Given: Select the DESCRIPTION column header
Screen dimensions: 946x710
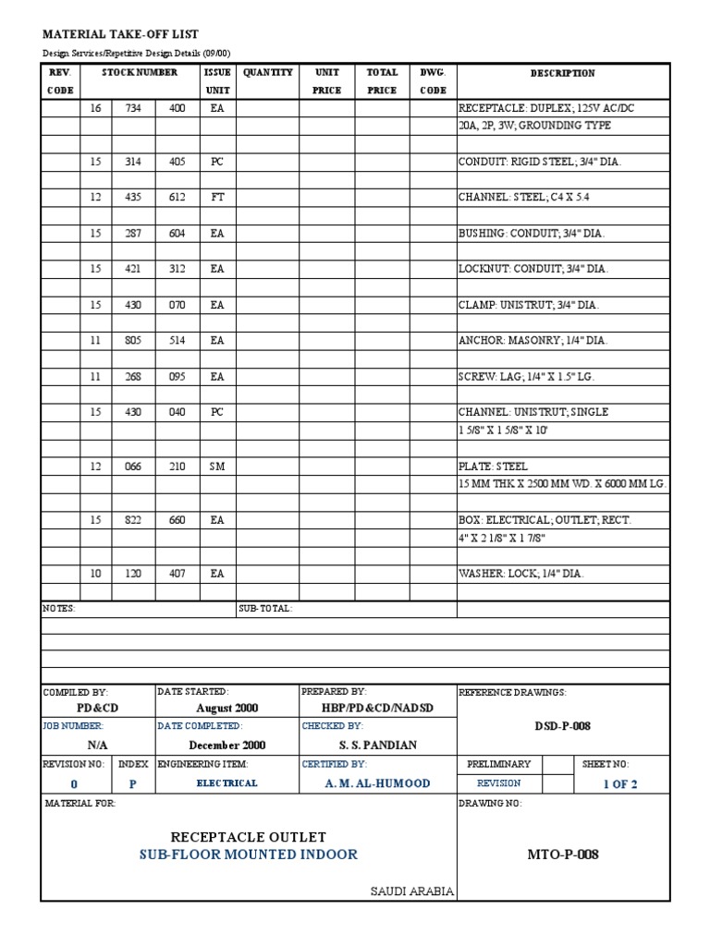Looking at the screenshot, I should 562,73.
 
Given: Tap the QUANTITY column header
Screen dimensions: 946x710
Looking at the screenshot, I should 267,72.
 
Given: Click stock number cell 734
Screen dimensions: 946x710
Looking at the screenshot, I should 133,108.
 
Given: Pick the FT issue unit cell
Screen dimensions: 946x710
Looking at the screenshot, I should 217,198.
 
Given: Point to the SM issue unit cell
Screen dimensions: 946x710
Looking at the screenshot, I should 217,467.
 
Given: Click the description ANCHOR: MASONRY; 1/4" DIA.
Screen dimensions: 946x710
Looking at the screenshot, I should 532,341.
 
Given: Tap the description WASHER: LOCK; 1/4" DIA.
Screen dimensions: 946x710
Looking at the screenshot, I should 521,574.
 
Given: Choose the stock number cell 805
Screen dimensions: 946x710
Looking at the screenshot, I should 133,341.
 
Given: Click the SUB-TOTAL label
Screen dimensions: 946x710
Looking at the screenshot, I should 265,609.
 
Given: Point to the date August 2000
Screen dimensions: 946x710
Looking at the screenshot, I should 227,709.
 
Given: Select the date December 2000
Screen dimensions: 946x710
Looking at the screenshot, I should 227,745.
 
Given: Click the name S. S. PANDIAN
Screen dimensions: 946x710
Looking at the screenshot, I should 378,745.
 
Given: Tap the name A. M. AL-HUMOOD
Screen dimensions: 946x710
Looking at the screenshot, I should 378,783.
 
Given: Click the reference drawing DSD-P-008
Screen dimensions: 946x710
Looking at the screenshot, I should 562,726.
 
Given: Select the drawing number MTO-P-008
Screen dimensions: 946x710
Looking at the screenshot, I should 563,855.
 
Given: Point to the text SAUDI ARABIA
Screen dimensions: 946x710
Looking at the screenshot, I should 411,891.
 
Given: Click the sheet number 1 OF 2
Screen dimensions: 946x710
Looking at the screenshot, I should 620,783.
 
